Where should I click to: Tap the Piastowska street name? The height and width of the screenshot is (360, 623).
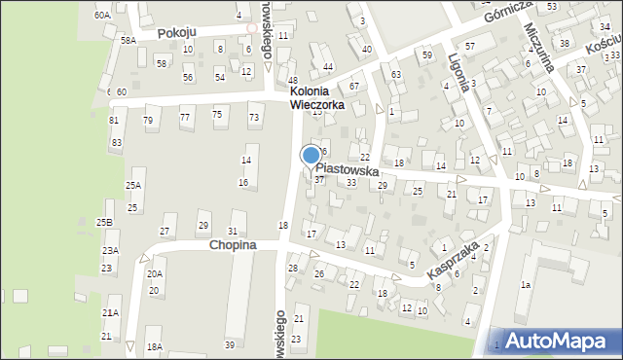pyautogui.click(x=360, y=169)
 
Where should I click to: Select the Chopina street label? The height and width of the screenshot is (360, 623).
pyautogui.click(x=232, y=246)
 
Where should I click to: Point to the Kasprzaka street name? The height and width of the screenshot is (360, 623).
pyautogui.click(x=453, y=262)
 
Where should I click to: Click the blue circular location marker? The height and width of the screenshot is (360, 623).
pyautogui.click(x=311, y=155)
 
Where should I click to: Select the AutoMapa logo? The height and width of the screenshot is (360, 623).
pyautogui.click(x=555, y=341)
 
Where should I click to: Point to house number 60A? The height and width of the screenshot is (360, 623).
pyautogui.click(x=102, y=16)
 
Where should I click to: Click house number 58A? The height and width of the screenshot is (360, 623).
pyautogui.click(x=128, y=40)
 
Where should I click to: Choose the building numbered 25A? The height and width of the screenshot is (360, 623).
pyautogui.click(x=133, y=185)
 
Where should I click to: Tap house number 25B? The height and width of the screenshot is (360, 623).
pyautogui.click(x=103, y=223)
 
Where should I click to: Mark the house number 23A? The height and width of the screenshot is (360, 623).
pyautogui.click(x=110, y=251)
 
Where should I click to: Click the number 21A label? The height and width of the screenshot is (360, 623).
pyautogui.click(x=110, y=312)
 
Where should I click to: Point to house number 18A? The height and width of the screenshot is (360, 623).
pyautogui.click(x=154, y=346)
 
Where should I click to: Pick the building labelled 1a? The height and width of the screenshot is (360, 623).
pyautogui.click(x=525, y=284)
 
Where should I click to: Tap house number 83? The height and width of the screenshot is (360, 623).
pyautogui.click(x=117, y=143)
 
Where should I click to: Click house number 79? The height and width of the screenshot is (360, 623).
pyautogui.click(x=148, y=121)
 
